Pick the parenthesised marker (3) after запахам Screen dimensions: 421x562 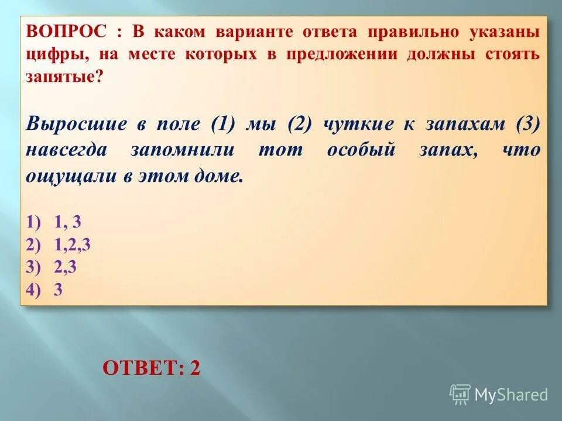[x=527, y=124]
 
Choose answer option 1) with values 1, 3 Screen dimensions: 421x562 [x=53, y=222]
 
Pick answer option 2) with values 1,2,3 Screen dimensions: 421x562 [x=58, y=244]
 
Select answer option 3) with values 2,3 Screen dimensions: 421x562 [x=52, y=267]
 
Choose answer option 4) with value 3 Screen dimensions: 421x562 [x=44, y=290]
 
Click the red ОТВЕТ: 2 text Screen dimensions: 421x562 [x=151, y=368]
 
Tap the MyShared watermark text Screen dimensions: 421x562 [x=511, y=395]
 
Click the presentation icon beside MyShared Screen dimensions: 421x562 [x=460, y=395]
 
